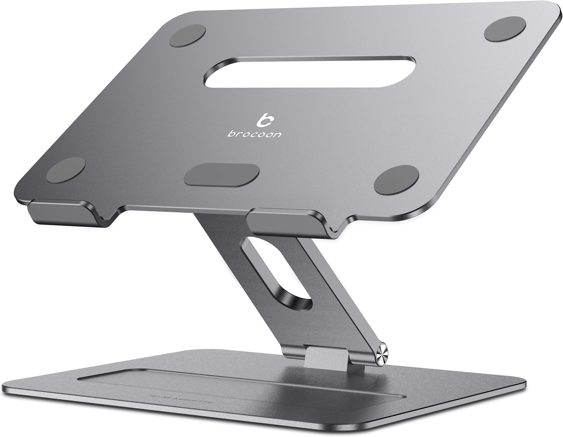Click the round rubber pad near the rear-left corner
click(188, 36)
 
